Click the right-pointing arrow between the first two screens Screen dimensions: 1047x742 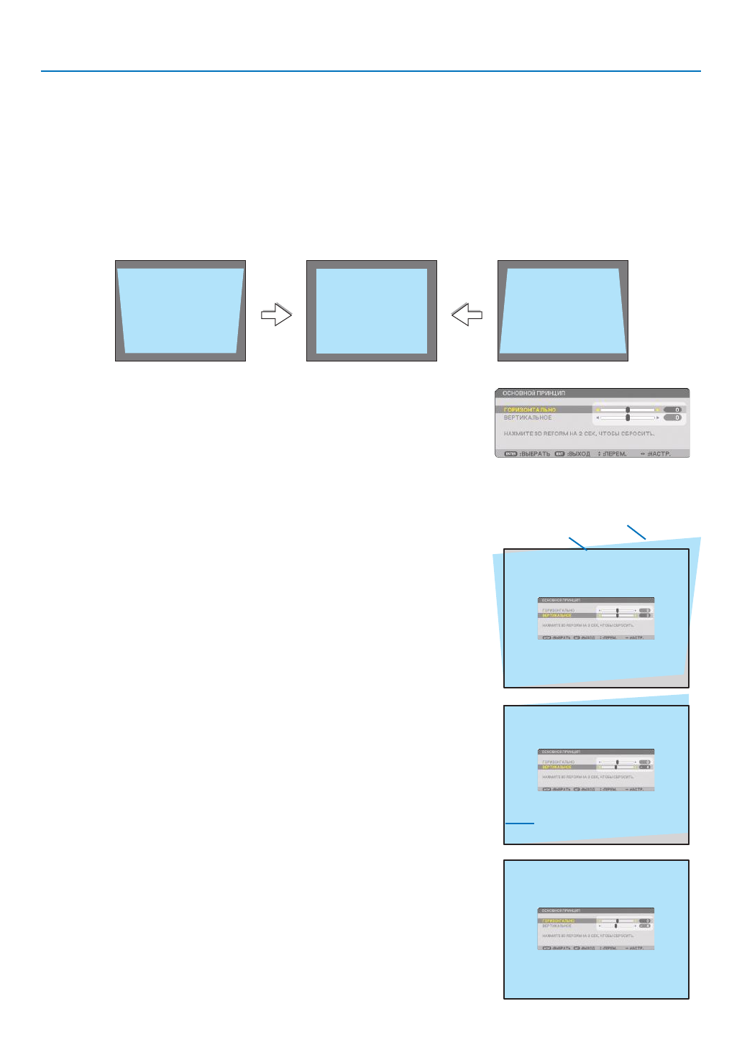point(276,315)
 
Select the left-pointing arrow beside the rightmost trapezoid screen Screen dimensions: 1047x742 point(467,315)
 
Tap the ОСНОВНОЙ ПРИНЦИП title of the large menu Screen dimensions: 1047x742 point(533,394)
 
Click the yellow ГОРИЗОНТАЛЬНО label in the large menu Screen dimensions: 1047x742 point(530,410)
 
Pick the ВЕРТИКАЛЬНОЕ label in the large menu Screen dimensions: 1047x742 point(528,418)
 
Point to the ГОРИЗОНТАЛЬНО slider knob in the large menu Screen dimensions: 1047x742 point(628,410)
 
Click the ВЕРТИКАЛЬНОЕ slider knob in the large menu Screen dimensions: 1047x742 point(628,418)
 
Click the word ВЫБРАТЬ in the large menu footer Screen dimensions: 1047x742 point(536,454)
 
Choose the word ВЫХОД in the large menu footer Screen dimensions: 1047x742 point(580,454)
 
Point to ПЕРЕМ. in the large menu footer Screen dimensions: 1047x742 point(615,454)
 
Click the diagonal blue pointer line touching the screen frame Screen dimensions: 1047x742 point(578,544)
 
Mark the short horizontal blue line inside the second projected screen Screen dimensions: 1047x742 point(520,822)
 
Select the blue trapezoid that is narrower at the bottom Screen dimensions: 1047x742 point(180,310)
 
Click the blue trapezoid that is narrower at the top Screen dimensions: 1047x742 point(563,310)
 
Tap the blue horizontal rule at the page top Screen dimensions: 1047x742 point(371,71)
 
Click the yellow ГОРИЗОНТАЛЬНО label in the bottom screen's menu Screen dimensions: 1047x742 point(559,921)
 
